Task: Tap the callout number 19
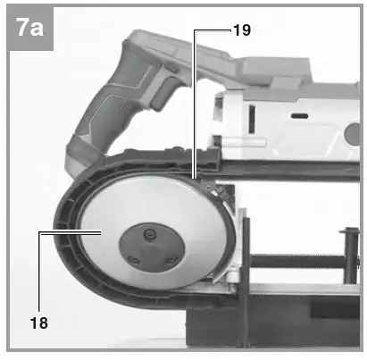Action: (241, 29)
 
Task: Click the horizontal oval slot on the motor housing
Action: (297, 116)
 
